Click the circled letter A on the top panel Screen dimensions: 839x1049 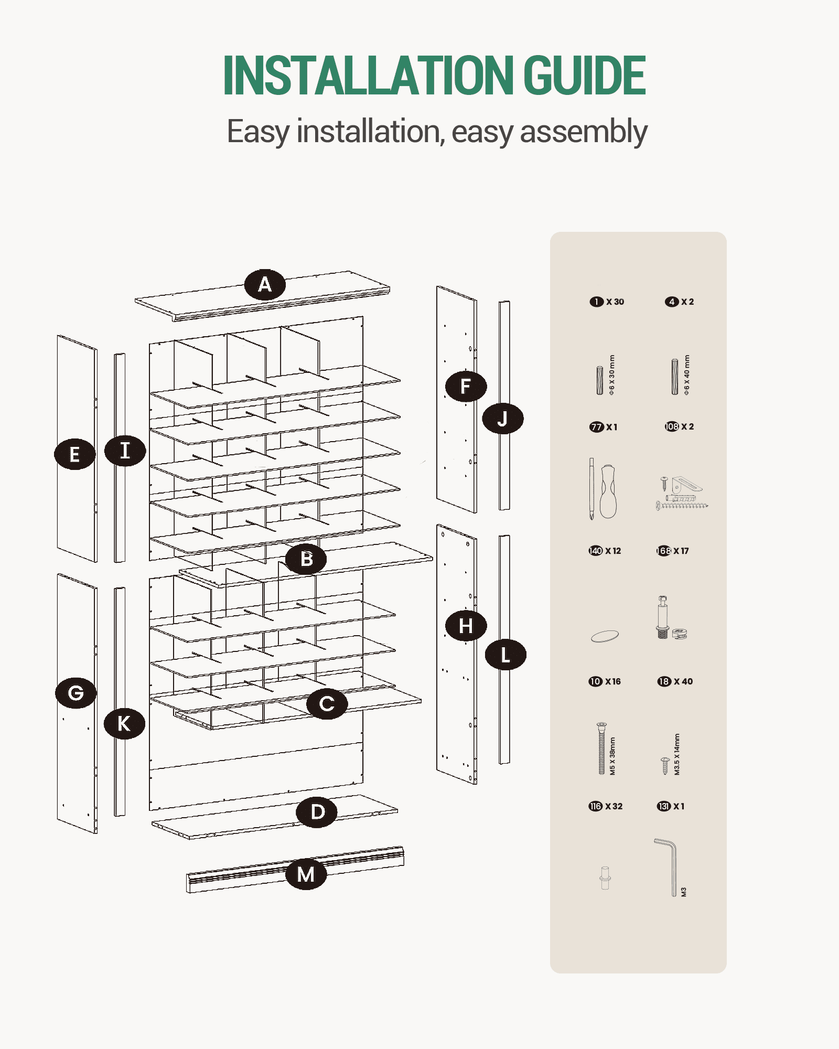(265, 285)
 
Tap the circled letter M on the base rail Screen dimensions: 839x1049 (306, 874)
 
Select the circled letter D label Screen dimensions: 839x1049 (317, 812)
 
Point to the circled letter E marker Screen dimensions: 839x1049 (75, 454)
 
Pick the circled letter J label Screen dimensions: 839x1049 (502, 419)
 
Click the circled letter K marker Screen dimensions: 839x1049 (124, 724)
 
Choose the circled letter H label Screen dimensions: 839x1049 (466, 626)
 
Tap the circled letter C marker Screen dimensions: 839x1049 (327, 704)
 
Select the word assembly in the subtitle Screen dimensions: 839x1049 (584, 132)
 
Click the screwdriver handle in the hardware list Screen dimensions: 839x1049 (608, 491)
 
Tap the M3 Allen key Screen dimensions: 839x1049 (667, 868)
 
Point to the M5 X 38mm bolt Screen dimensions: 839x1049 (601, 748)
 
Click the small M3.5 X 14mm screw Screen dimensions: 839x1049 (665, 766)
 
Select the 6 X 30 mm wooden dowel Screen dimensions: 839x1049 (599, 380)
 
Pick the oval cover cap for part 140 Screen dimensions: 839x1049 (605, 636)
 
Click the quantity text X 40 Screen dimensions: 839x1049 (683, 681)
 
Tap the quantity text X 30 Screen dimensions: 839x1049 (615, 302)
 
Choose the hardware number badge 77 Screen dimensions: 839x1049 (597, 427)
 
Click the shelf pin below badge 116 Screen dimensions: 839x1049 (605, 878)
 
